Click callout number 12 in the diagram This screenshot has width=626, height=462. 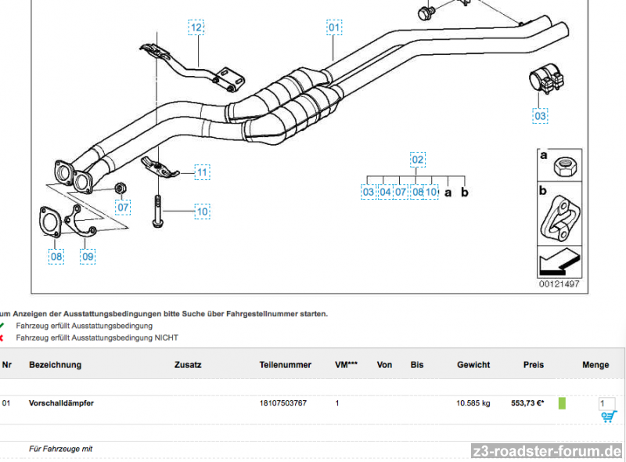(x=196, y=27)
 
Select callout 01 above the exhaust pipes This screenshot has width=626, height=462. (x=334, y=27)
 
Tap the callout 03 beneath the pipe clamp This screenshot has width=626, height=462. (x=541, y=116)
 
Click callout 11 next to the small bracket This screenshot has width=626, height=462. (x=202, y=171)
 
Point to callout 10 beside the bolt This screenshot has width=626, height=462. (x=202, y=211)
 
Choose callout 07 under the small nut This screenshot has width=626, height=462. (x=123, y=208)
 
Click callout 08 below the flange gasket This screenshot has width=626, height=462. (x=56, y=255)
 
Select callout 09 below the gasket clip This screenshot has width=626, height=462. (x=88, y=255)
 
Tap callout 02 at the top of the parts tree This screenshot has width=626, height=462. (x=418, y=160)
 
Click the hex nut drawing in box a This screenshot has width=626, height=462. (x=565, y=166)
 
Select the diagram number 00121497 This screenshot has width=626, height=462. (x=559, y=283)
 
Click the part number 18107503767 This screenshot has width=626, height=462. (x=283, y=403)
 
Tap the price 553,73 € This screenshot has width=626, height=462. (x=527, y=403)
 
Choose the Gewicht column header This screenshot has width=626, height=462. (x=473, y=365)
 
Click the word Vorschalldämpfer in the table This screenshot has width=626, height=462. (x=61, y=403)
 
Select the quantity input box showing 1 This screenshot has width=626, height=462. (x=606, y=403)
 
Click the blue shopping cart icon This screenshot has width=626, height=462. (x=608, y=417)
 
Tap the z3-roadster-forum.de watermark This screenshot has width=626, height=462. (x=548, y=451)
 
